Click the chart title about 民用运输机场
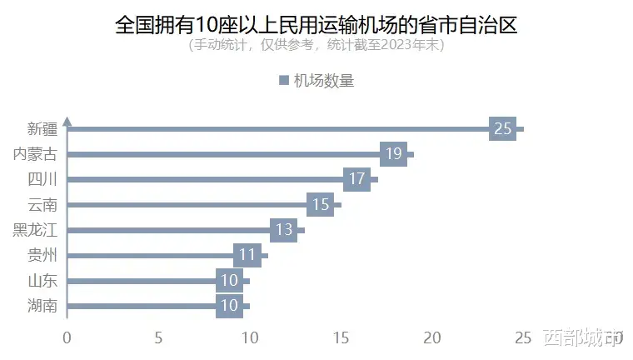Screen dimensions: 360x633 tap(316, 24)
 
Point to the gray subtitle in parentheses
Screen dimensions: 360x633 tap(316, 46)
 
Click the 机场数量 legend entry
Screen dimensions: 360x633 tap(316, 81)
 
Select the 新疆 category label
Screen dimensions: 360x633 tap(42, 129)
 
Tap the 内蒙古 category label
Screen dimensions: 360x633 tap(36, 154)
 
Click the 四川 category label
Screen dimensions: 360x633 tap(42, 179)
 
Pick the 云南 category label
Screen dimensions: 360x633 tap(42, 205)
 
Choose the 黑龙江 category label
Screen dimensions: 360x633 tap(36, 230)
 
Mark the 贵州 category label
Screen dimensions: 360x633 tap(42, 255)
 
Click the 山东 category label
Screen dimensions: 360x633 tap(42, 281)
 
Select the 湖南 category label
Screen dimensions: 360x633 tap(42, 306)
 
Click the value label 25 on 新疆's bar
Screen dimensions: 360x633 tap(502, 129)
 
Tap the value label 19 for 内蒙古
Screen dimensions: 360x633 tap(393, 154)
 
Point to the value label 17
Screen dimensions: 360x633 tap(356, 179)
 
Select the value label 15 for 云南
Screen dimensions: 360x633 tap(320, 205)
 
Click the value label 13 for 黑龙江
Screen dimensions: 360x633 tap(283, 230)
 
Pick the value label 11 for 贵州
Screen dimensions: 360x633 tap(247, 255)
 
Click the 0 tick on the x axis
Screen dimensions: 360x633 tap(67, 337)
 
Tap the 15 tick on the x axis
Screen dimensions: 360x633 tap(341, 337)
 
